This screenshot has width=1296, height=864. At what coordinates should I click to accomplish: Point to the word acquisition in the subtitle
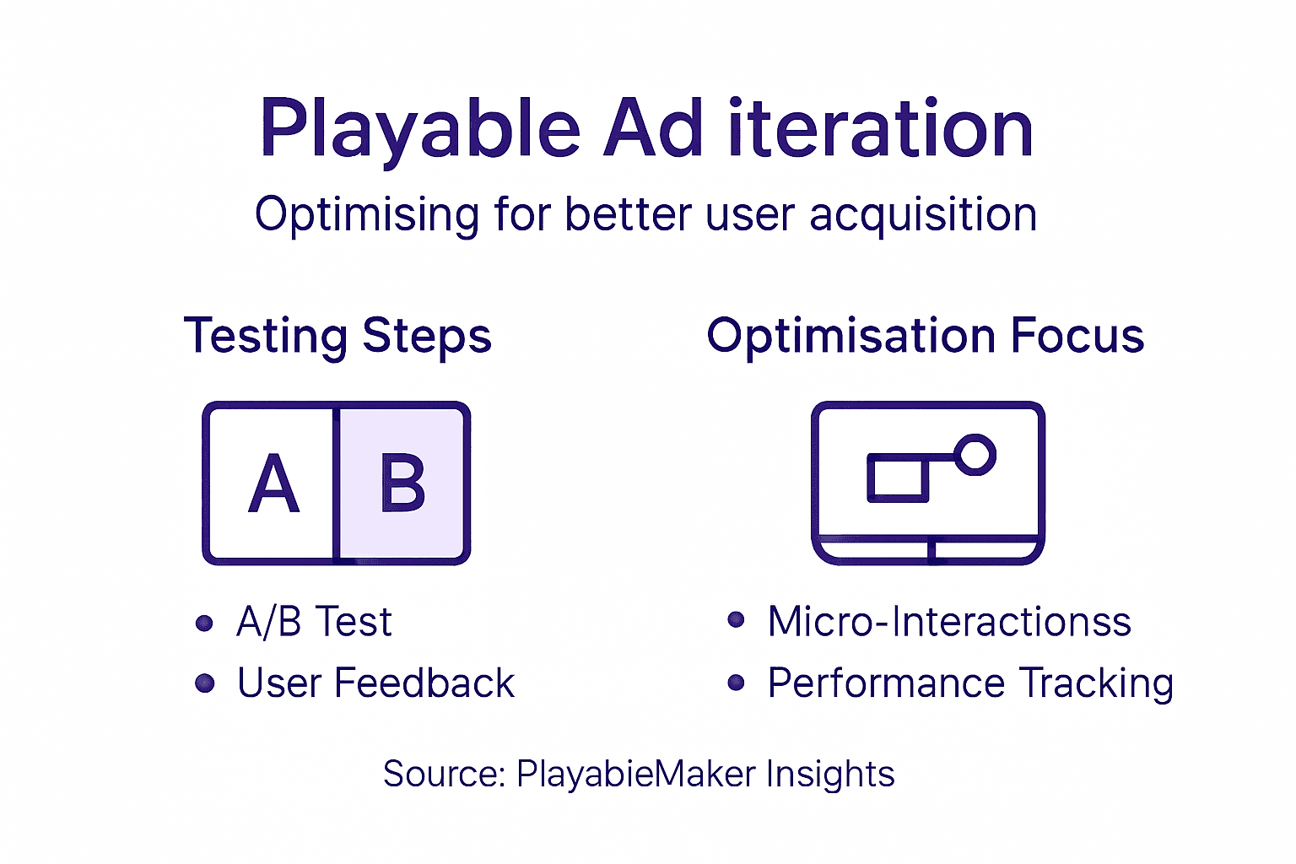(923, 214)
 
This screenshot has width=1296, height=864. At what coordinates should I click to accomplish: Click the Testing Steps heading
(337, 336)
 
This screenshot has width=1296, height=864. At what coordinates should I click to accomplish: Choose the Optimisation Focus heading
(925, 336)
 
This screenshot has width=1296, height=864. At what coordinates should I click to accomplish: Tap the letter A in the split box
(274, 484)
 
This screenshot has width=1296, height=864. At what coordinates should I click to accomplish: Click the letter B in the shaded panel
(402, 484)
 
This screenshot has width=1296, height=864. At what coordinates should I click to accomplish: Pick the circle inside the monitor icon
(975, 455)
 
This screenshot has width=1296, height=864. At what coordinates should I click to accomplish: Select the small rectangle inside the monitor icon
(898, 478)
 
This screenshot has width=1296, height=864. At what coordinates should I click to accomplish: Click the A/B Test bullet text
(314, 623)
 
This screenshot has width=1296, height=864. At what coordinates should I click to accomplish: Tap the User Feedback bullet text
(375, 683)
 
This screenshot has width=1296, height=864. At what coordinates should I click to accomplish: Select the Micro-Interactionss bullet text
(948, 623)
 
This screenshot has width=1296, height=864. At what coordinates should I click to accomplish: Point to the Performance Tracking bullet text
(970, 683)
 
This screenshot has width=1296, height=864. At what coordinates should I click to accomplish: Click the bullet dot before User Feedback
(204, 683)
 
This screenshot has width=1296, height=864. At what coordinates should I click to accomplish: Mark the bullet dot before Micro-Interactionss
(736, 621)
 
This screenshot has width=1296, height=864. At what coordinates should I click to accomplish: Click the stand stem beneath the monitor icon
(931, 551)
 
